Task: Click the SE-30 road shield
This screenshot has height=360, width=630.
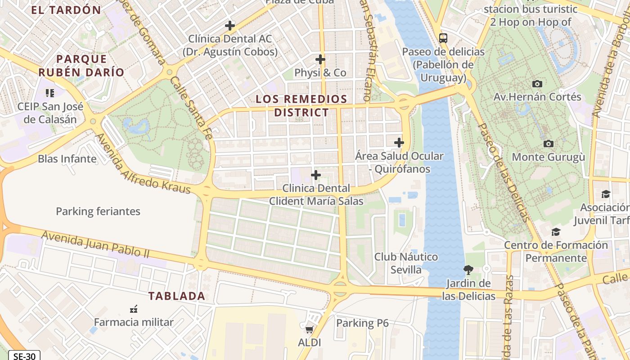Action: click(x=24, y=356)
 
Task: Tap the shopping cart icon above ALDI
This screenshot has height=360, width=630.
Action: click(x=309, y=329)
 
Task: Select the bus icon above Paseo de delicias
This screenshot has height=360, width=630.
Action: click(x=443, y=38)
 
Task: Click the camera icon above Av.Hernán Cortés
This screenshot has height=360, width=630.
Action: click(x=537, y=84)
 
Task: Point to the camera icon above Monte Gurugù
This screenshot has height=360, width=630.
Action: click(x=548, y=144)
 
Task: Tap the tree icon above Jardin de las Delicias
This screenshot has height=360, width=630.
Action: click(x=468, y=270)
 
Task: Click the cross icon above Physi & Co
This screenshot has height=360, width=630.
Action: click(x=320, y=59)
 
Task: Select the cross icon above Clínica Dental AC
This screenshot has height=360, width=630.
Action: click(x=230, y=26)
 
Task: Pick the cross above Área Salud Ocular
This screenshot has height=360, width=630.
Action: click(x=399, y=143)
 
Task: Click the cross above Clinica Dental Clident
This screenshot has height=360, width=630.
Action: click(x=316, y=175)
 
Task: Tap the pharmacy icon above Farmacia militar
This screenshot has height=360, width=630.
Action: click(x=133, y=309)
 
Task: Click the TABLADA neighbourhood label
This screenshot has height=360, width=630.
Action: click(x=177, y=296)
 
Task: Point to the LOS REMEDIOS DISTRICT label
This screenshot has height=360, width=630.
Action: click(x=301, y=106)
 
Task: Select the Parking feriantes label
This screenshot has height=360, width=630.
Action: click(x=98, y=211)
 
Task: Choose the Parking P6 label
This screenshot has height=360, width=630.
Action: click(x=362, y=323)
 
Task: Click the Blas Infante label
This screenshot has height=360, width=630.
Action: click(x=67, y=159)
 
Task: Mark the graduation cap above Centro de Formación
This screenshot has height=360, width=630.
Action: click(x=556, y=232)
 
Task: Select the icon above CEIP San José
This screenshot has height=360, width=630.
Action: click(x=50, y=93)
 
